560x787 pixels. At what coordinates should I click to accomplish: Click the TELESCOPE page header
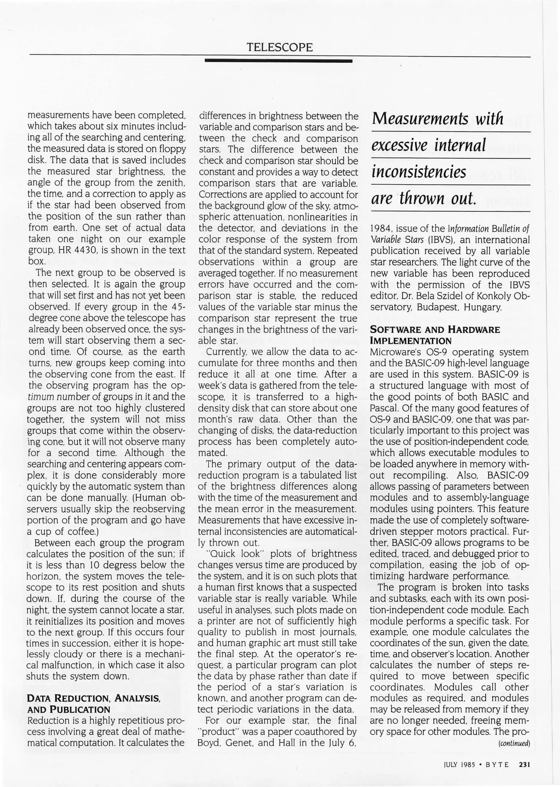(x=280, y=47)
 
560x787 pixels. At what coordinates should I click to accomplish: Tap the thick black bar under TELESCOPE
(x=279, y=61)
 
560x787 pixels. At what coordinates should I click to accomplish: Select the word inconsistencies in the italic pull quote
(x=419, y=172)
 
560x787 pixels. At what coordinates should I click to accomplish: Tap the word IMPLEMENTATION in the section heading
(x=411, y=341)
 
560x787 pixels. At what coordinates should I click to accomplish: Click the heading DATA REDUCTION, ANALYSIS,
(x=94, y=698)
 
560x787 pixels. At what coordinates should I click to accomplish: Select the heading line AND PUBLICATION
(x=69, y=709)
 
